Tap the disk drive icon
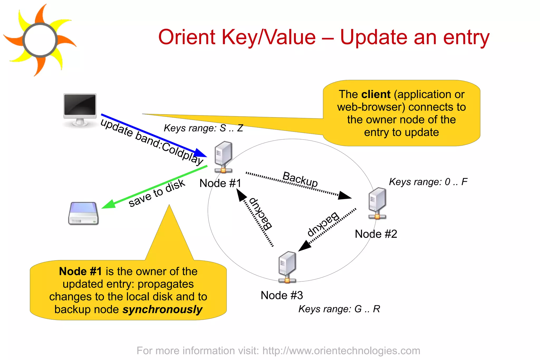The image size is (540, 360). click(83, 214)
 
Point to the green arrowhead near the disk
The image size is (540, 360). click(108, 205)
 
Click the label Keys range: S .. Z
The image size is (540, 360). click(203, 128)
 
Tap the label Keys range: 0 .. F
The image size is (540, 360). click(428, 182)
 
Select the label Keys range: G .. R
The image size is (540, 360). click(339, 309)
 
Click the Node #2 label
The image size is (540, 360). click(376, 234)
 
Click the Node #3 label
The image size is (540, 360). click(282, 295)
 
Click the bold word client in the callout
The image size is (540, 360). click(376, 94)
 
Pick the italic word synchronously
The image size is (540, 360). click(162, 310)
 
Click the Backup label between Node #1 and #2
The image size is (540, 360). click(300, 179)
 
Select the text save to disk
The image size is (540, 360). click(157, 193)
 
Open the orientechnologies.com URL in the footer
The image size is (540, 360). click(341, 351)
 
